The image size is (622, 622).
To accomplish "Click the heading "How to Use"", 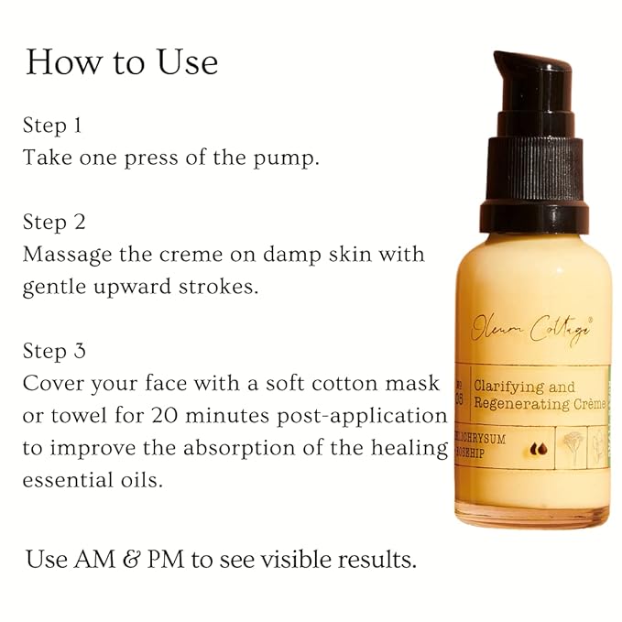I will [122, 62].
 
